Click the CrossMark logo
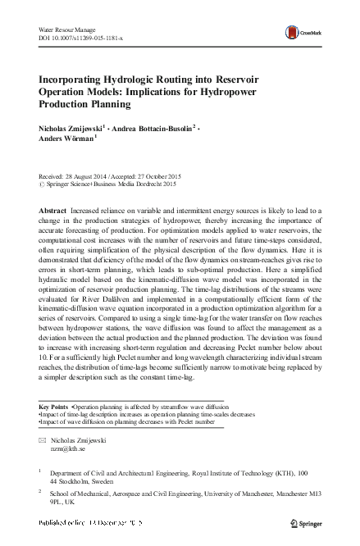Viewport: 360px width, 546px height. point(299,32)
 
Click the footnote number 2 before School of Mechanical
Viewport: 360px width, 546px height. point(40,496)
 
